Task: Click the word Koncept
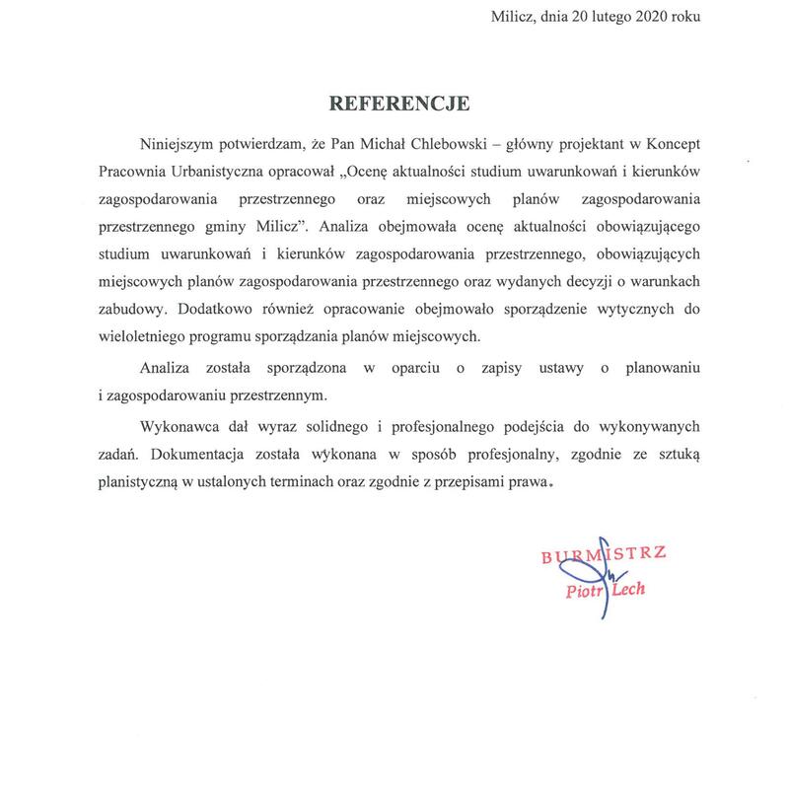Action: (672, 143)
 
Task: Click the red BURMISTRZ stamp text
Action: (605, 556)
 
